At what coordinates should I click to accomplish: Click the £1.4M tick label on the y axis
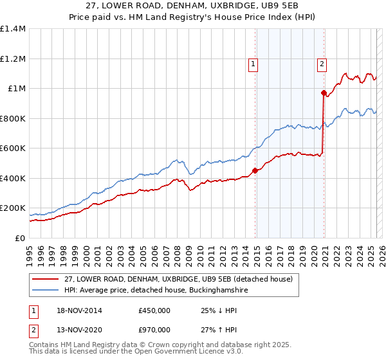(x=14, y=29)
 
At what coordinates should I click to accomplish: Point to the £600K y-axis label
(x=14, y=148)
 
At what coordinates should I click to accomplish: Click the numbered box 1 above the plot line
(x=253, y=64)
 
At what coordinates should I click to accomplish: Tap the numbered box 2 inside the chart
(x=321, y=64)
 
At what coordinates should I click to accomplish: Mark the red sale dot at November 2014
(x=255, y=170)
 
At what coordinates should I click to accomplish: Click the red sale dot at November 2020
(x=324, y=93)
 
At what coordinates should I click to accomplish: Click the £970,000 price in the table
(x=154, y=330)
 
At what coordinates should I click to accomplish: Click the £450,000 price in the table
(x=154, y=310)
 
